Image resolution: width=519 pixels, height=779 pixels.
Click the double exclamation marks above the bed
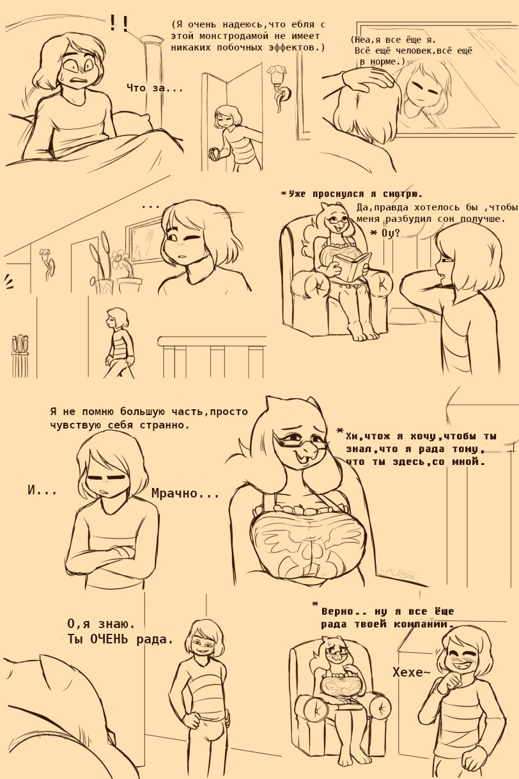click(120, 23)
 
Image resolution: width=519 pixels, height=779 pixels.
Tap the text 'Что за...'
click(155, 88)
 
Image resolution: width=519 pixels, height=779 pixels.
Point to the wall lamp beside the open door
click(279, 88)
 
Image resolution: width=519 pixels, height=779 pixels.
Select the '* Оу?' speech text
click(385, 233)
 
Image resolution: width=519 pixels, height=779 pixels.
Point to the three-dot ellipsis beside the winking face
click(150, 207)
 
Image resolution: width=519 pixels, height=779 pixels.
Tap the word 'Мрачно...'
click(185, 493)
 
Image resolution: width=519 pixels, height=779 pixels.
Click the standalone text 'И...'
click(42, 491)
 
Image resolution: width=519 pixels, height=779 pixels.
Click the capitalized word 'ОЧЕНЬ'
click(108, 639)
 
